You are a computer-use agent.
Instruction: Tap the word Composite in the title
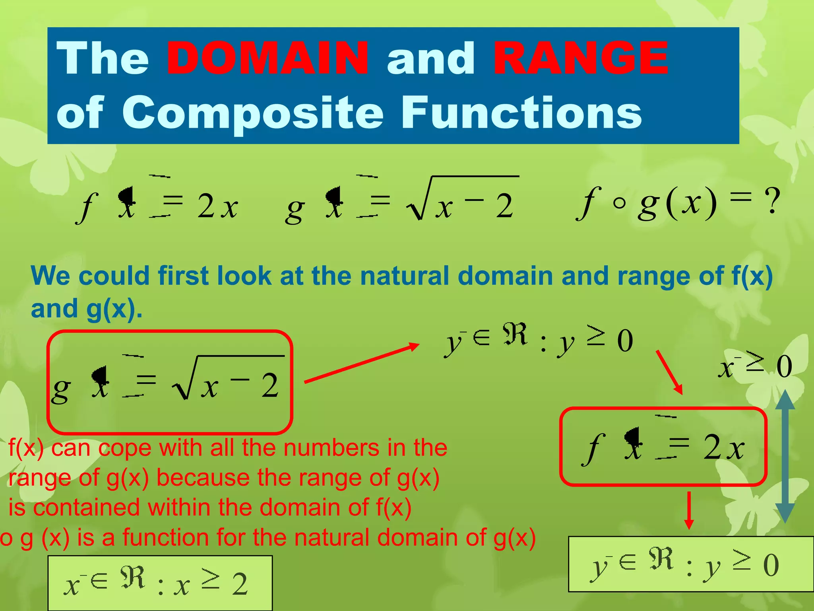tap(252, 113)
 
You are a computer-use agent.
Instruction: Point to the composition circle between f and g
tap(619, 203)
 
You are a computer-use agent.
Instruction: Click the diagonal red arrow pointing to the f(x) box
tap(669, 372)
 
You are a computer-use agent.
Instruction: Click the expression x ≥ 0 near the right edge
tap(755, 366)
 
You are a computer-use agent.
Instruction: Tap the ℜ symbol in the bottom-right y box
tap(661, 559)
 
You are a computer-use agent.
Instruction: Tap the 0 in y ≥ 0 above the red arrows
tap(625, 341)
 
